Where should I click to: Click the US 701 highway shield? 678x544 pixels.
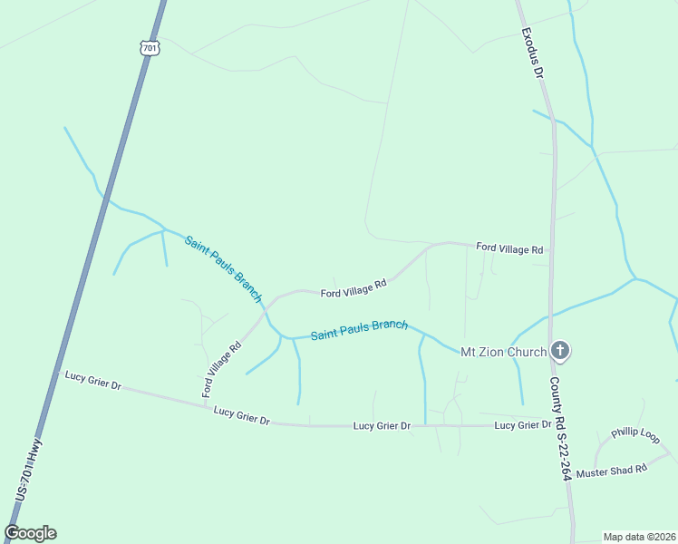tap(150, 47)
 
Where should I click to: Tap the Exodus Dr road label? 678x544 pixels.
tap(531, 53)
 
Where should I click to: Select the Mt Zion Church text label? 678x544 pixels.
tap(504, 352)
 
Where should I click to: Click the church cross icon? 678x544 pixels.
tap(560, 351)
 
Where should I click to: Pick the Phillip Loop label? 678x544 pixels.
tap(634, 435)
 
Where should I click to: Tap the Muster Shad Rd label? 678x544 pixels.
tap(612, 471)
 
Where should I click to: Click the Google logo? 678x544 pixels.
tap(31, 533)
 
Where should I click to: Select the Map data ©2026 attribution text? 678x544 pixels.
tap(639, 537)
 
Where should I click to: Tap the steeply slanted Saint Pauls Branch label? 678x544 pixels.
tap(223, 269)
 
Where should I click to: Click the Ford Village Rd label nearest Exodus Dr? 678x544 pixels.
tap(509, 248)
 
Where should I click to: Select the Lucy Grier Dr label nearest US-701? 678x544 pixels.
tap(93, 379)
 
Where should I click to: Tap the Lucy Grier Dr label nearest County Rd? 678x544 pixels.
tap(523, 425)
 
